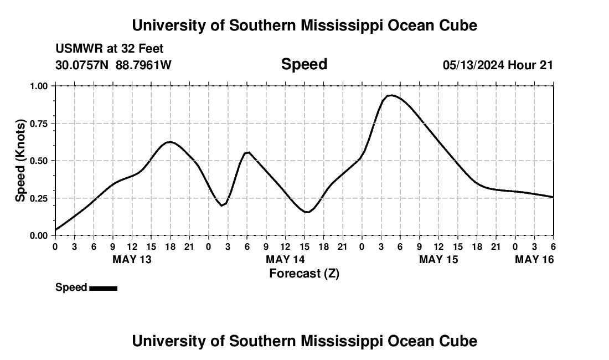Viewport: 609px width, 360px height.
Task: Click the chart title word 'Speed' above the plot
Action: click(304, 64)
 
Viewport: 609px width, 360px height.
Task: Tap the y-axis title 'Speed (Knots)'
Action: click(20, 161)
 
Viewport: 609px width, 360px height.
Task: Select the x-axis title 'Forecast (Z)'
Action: click(304, 273)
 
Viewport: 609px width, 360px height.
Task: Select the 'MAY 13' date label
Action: click(132, 259)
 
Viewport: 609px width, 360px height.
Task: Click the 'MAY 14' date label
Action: click(285, 259)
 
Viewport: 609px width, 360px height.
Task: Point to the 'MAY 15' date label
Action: click(438, 259)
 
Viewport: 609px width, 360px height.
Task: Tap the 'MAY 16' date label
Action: click(534, 259)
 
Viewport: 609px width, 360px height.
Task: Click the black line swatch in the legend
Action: click(103, 288)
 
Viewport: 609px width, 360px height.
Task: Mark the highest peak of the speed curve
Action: click(391, 95)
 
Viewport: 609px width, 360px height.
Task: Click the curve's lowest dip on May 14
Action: click(307, 212)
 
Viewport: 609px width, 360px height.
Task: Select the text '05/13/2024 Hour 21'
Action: click(498, 65)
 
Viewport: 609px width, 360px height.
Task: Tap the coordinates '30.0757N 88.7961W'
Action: click(113, 65)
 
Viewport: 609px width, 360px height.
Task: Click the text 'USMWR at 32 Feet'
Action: click(110, 49)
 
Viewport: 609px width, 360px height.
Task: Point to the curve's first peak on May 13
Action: click(170, 142)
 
